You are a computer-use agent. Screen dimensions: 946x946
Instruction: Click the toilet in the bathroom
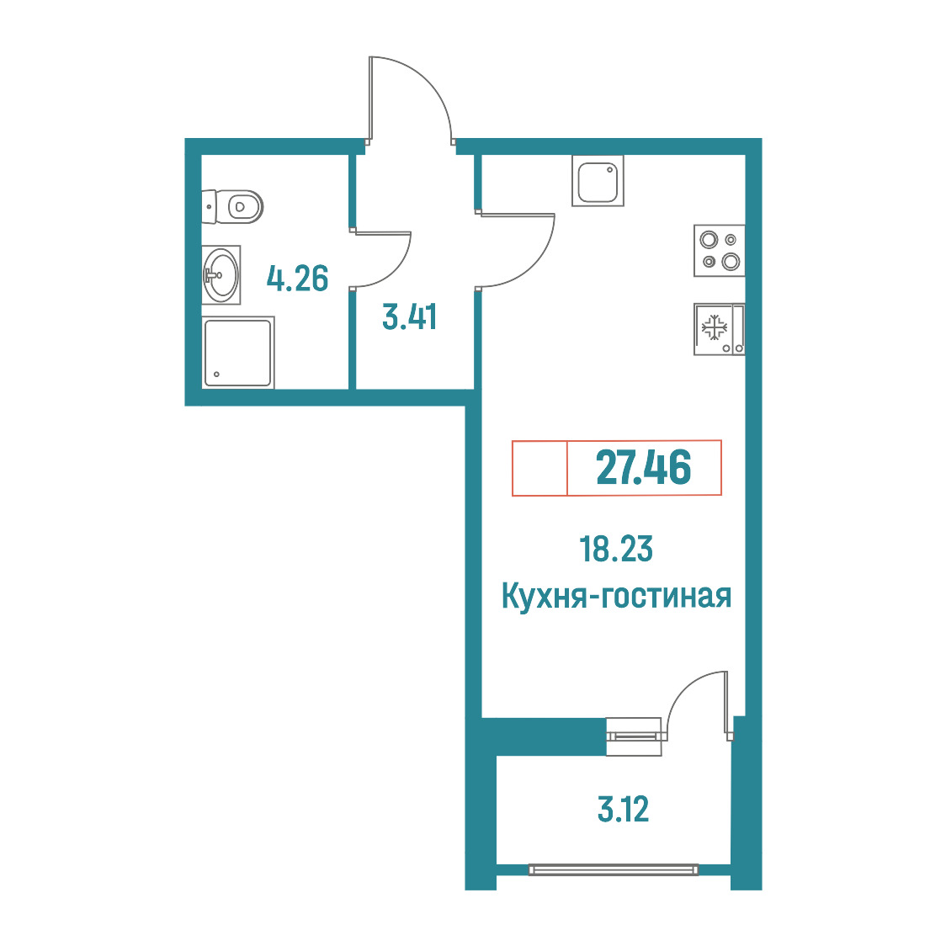click(233, 207)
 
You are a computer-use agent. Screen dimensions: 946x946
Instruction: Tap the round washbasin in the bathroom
click(221, 274)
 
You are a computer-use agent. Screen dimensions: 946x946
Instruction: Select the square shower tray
click(237, 353)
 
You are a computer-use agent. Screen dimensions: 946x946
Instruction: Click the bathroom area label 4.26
click(297, 279)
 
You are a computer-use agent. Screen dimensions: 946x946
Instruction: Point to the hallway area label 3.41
click(410, 316)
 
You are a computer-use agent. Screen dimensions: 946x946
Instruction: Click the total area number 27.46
click(644, 468)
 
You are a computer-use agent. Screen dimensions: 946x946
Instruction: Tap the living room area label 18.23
click(616, 549)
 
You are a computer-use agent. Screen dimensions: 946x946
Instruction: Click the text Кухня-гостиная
click(617, 596)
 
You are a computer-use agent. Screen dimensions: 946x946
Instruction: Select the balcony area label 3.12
click(623, 810)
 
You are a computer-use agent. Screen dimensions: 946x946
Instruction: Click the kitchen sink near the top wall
click(598, 180)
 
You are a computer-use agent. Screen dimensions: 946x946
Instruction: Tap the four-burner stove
click(719, 251)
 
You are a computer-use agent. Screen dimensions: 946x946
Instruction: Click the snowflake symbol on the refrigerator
click(714, 327)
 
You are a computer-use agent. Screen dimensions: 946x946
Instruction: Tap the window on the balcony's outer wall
click(613, 869)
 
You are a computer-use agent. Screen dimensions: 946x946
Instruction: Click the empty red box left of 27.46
click(539, 468)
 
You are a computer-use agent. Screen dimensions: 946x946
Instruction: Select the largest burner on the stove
click(731, 262)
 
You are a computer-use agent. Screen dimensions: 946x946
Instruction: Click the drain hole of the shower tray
click(216, 374)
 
